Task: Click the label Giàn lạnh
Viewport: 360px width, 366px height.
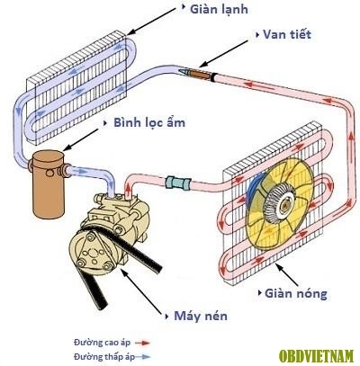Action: click(x=219, y=10)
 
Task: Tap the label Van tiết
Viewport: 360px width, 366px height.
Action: click(x=287, y=34)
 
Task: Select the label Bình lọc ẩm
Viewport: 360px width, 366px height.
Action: click(x=149, y=123)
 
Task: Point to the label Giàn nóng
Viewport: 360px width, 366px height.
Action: click(x=296, y=293)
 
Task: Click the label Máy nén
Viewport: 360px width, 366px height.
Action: click(x=201, y=316)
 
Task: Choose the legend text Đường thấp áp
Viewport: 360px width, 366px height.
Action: click(x=104, y=357)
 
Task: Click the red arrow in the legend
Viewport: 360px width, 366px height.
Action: click(x=142, y=343)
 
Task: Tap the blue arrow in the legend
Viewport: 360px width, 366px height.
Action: click(x=142, y=357)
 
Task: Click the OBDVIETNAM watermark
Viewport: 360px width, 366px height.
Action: click(x=316, y=356)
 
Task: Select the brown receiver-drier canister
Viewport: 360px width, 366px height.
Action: click(x=48, y=184)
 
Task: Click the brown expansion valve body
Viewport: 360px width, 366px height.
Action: click(x=200, y=74)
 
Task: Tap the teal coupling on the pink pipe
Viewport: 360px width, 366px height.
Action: click(x=178, y=183)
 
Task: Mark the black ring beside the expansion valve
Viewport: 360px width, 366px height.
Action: click(x=213, y=77)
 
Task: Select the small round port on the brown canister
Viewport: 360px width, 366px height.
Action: click(x=49, y=173)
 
